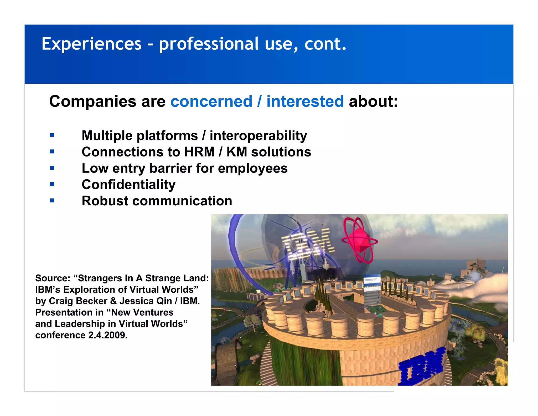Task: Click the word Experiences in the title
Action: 91,44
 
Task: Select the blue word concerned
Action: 211,102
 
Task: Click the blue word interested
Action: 305,102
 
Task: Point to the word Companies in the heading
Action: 93,102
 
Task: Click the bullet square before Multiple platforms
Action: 52,135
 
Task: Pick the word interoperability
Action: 258,136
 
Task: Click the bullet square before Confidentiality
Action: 52,184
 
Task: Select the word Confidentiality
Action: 128,185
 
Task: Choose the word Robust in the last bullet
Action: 105,201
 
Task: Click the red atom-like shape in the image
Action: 359,240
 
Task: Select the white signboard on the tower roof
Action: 372,292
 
